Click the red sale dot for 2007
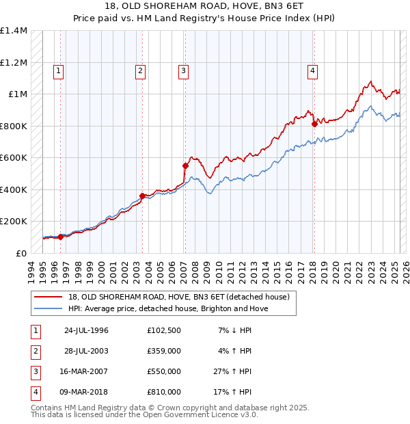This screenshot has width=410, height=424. point(185,165)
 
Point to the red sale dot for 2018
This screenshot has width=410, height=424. point(314,124)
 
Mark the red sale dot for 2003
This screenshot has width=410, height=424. point(142,196)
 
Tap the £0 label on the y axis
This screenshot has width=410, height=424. point(20,253)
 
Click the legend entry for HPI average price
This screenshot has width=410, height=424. point(167,308)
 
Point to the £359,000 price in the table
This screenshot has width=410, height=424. point(164,351)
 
